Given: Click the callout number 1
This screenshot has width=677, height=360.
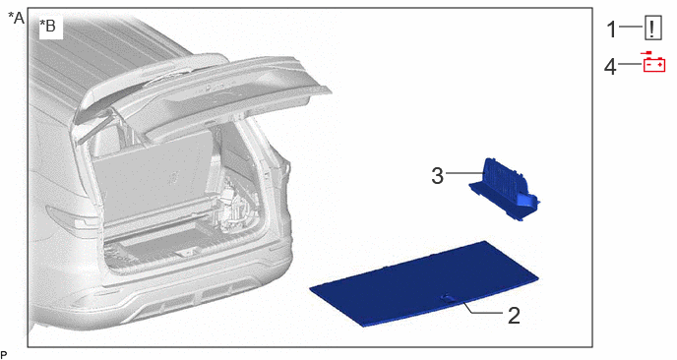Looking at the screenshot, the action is (612, 29).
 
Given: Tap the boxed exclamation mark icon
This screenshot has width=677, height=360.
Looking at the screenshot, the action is (652, 29).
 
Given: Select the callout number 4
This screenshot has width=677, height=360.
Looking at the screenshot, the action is (610, 67).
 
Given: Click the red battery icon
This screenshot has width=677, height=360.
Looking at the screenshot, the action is (654, 62).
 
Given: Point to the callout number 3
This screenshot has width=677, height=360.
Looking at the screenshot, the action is (437, 176).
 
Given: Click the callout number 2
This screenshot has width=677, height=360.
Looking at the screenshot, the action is (514, 316).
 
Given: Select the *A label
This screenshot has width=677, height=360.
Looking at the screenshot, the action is (17, 18).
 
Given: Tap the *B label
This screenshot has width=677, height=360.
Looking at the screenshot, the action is (47, 26).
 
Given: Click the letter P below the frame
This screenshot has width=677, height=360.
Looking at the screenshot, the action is (4, 355).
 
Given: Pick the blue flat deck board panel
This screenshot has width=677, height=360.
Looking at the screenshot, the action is (424, 282).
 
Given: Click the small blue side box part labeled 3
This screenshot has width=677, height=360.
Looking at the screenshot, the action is (504, 189).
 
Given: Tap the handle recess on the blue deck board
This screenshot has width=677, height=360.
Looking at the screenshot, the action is (447, 297).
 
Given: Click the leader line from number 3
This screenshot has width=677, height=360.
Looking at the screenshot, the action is (465, 173).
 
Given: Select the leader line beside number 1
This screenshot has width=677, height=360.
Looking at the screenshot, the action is (631, 27).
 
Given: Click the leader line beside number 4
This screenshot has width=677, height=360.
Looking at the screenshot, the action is (631, 65).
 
